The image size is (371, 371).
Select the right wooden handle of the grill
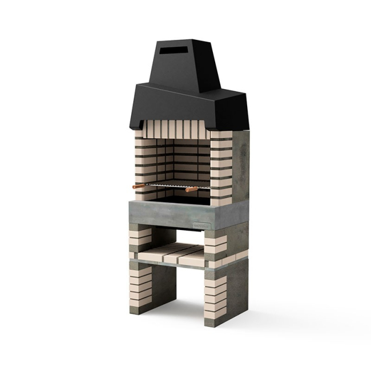(x=191, y=189)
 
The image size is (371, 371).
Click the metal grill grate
(x=171, y=186)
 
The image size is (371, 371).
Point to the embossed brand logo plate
(x=202, y=223)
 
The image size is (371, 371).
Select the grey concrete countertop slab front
(x=166, y=215)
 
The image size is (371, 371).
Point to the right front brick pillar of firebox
(x=220, y=166)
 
